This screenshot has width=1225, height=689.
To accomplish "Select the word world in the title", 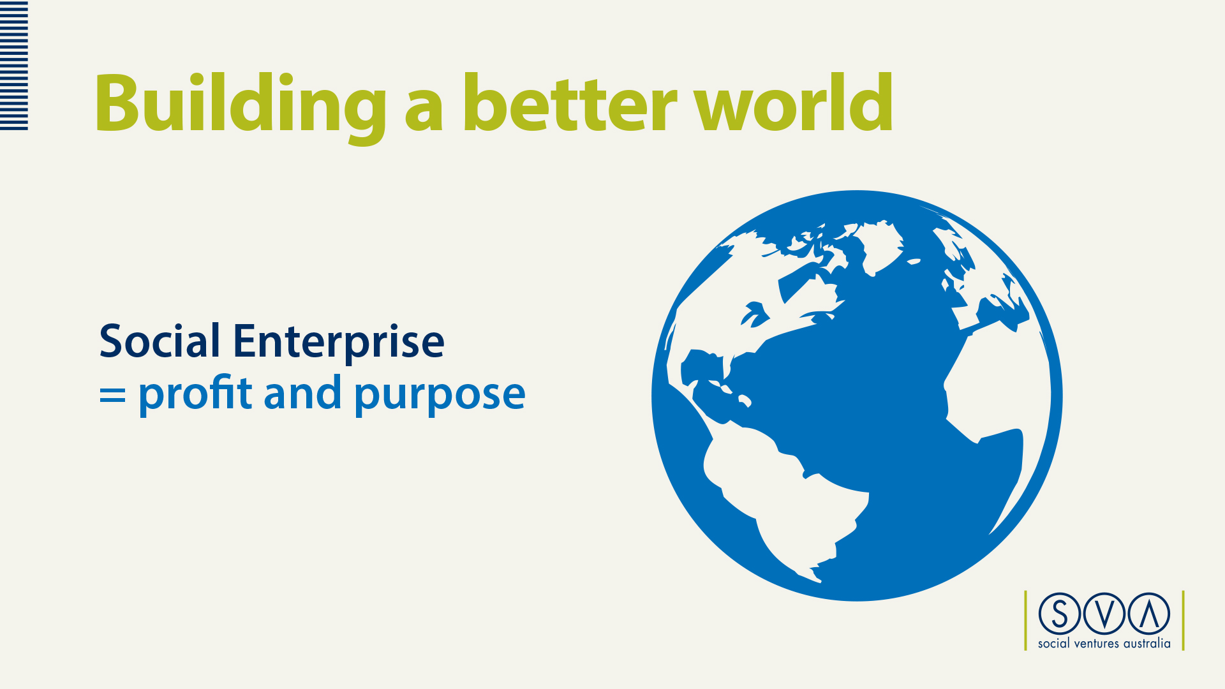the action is [793, 102].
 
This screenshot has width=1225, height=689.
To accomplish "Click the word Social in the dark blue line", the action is [160, 341].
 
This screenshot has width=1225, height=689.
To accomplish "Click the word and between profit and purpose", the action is [302, 392].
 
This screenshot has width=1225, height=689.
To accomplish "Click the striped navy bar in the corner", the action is [14, 66].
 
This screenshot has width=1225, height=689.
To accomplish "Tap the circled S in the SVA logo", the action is [1060, 614].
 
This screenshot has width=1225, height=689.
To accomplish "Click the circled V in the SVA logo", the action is [1104, 614].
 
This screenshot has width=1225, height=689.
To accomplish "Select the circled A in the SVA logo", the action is [1149, 614].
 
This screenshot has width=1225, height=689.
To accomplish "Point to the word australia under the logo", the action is [1147, 643].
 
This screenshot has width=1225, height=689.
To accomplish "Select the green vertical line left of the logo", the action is [1026, 620].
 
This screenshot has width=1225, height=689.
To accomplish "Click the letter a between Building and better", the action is [424, 109].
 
